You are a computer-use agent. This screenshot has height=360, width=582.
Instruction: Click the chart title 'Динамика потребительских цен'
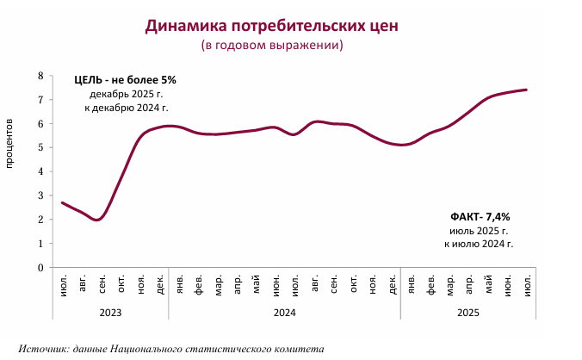271,26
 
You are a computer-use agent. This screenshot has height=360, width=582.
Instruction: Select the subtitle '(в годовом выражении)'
271,45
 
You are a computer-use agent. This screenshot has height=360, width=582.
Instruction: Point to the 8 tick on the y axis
40,76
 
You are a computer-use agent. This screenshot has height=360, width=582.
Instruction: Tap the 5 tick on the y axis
40,147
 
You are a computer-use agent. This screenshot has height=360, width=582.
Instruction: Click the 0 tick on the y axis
40,267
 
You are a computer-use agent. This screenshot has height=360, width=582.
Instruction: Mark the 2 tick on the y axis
40,220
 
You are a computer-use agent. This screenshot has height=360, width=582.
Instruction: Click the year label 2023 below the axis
111,312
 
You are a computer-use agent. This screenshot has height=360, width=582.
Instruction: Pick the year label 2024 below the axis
285,312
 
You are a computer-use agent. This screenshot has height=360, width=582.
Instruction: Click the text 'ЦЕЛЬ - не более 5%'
125,80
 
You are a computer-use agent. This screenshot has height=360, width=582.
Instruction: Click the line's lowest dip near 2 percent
97,220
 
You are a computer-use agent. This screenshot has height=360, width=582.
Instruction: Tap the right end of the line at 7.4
526,90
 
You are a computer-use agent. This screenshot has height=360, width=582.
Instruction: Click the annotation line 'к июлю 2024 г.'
479,245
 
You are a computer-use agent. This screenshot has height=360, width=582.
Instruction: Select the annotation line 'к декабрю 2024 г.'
126,108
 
